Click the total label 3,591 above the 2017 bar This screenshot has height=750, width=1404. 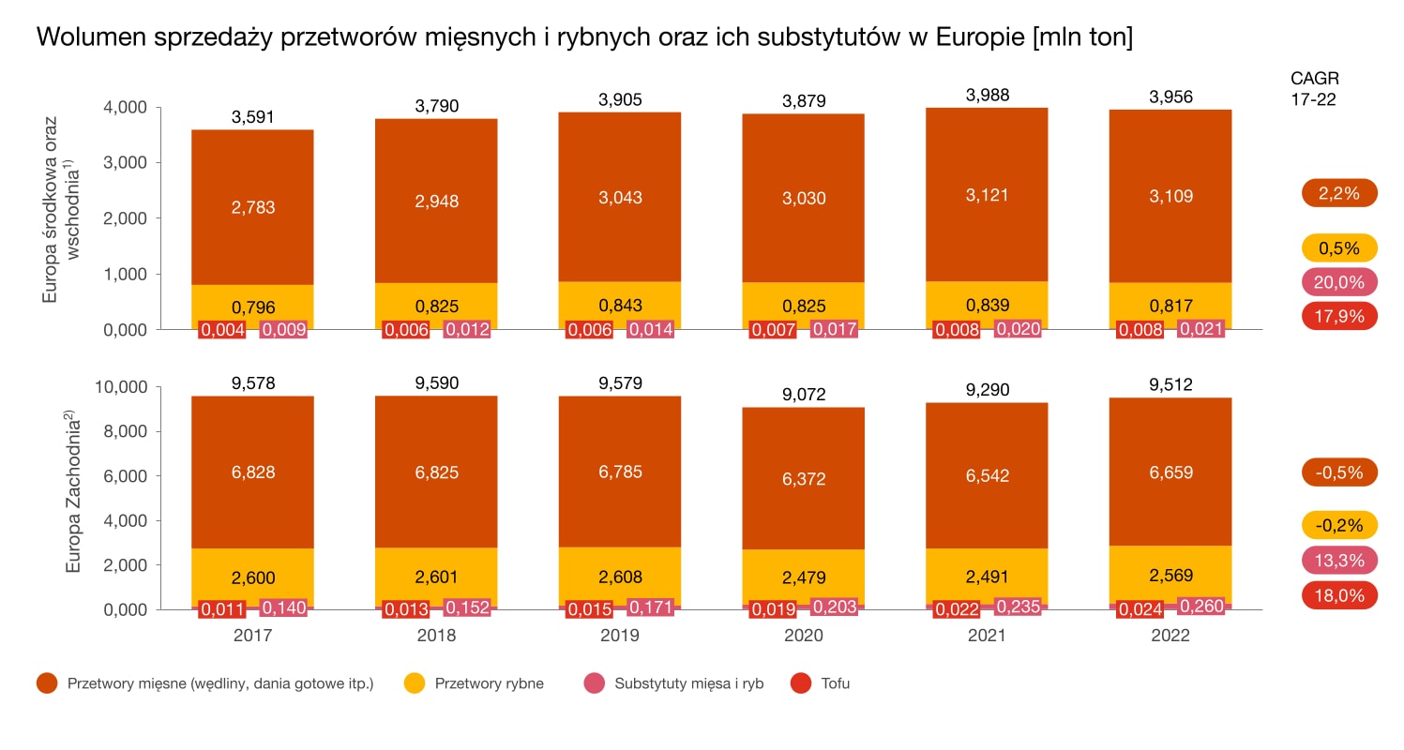click(x=252, y=118)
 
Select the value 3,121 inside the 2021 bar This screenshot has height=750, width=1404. click(x=988, y=196)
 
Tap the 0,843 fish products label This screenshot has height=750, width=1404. click(x=620, y=307)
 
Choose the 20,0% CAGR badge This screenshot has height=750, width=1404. click(x=1339, y=282)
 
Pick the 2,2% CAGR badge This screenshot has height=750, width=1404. click(x=1339, y=193)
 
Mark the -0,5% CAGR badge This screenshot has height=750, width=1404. click(x=1339, y=472)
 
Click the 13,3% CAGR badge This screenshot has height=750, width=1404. click(x=1339, y=560)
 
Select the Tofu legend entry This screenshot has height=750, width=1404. click(x=821, y=683)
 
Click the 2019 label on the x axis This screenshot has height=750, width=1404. click(x=620, y=635)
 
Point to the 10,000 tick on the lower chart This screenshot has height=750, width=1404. click(x=122, y=387)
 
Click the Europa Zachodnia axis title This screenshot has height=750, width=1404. click(x=73, y=496)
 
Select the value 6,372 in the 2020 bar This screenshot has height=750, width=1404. click(x=804, y=479)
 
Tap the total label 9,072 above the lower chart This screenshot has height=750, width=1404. click(x=804, y=395)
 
